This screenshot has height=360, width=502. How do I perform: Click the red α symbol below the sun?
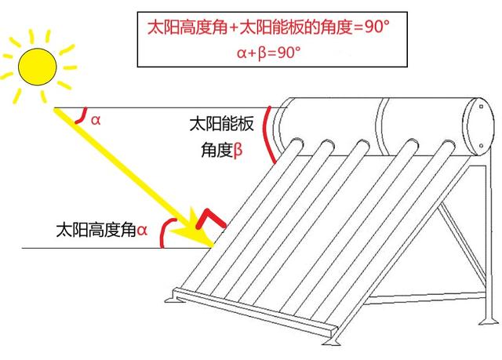(x=96, y=120)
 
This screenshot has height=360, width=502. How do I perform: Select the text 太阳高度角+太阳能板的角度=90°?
(x=268, y=27)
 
